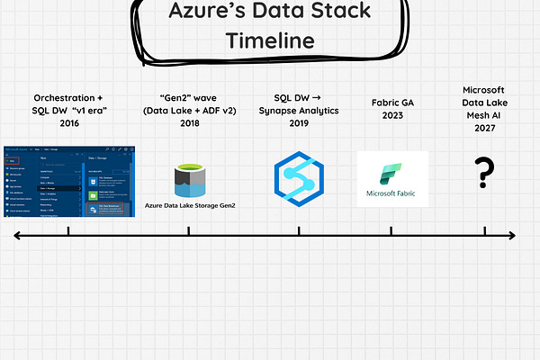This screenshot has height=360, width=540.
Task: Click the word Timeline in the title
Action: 270,40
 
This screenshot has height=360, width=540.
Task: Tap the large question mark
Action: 485,173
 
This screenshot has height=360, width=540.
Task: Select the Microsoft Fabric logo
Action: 392,179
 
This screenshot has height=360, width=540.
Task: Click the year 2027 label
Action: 486,130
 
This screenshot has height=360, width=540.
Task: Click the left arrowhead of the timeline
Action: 16,236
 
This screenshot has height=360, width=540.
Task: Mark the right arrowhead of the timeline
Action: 513,236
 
